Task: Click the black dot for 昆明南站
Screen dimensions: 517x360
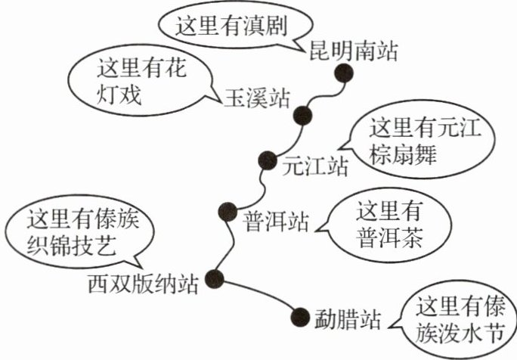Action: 345,73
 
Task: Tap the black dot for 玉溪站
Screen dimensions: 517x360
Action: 303,116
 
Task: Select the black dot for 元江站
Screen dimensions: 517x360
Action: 267,160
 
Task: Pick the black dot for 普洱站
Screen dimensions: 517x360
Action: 225,212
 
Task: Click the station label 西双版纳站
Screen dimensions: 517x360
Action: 143,285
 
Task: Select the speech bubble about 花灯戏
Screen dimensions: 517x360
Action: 140,83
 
